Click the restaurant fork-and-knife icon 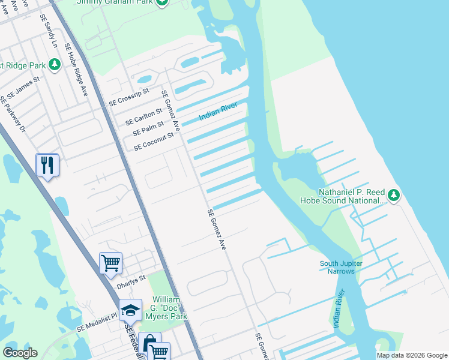click(x=47, y=164)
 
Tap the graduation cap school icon click(x=130, y=310)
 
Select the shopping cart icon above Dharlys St click(x=110, y=263)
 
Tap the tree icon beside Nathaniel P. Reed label click(x=394, y=194)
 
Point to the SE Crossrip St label click(x=128, y=100)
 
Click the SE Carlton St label click(x=143, y=116)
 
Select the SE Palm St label click(x=148, y=128)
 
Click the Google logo click(x=20, y=353)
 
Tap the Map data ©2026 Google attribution click(x=411, y=355)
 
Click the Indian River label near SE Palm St click(x=218, y=111)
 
